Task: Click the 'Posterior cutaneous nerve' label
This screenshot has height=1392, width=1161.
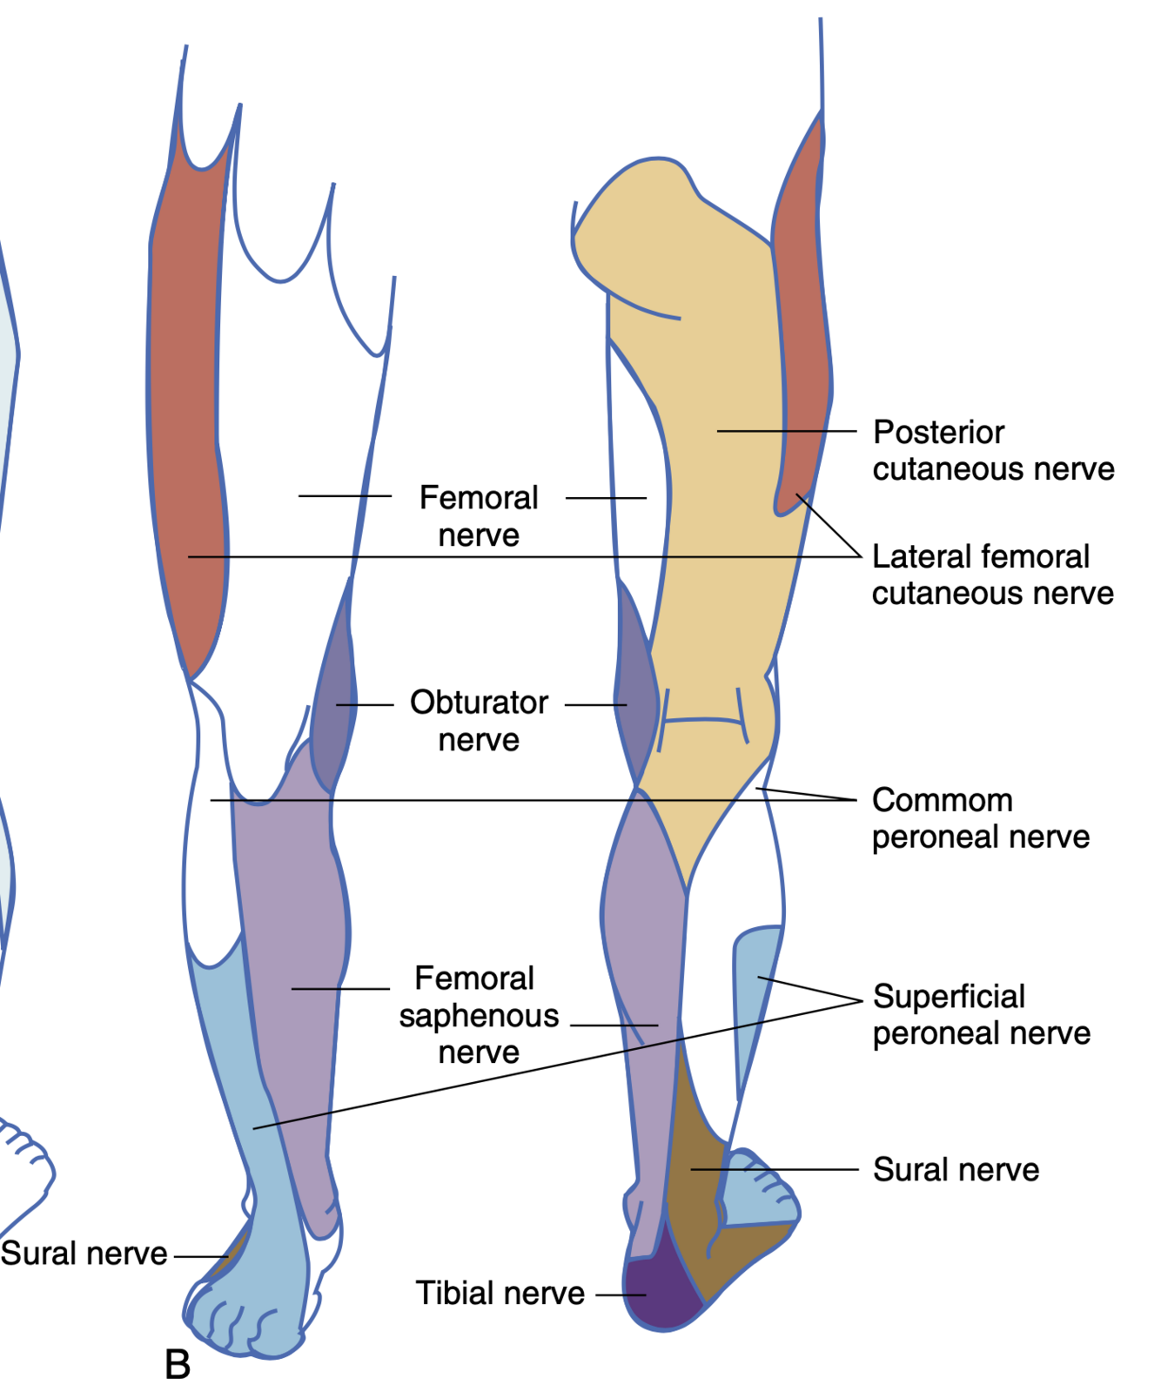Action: [x=993, y=450]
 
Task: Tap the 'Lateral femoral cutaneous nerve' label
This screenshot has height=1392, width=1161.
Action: [x=992, y=575]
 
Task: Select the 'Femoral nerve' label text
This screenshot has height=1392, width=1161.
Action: [x=479, y=515]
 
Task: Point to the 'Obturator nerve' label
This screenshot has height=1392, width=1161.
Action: [x=479, y=721]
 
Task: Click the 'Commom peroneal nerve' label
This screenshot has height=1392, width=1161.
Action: [x=980, y=818]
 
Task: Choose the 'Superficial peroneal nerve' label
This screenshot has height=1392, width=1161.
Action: [x=981, y=1014]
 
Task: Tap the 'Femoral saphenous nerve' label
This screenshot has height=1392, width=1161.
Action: [x=478, y=1015]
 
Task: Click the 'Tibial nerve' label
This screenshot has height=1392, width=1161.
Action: [x=500, y=1293]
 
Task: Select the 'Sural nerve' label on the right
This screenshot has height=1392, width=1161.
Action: [x=956, y=1169]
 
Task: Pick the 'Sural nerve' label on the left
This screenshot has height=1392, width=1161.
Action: [x=84, y=1254]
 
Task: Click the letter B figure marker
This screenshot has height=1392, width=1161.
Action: [x=178, y=1365]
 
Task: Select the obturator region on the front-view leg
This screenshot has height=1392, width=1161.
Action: [x=336, y=696]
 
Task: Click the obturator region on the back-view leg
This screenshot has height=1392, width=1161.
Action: [x=634, y=688]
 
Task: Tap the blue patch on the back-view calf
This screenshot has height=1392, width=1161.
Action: [x=754, y=992]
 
